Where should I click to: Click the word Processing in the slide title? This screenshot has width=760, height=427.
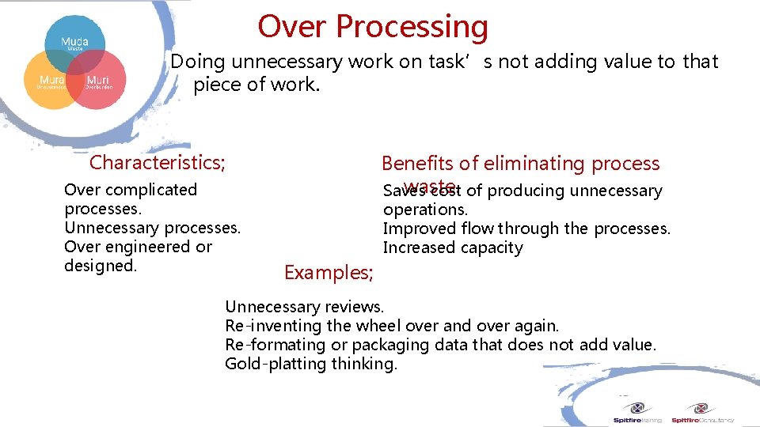pyautogui.click(x=412, y=27)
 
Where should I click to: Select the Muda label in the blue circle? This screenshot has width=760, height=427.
pyautogui.click(x=74, y=41)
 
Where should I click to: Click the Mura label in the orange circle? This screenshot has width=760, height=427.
pyautogui.click(x=52, y=81)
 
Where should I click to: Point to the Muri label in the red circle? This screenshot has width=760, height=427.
pyautogui.click(x=98, y=81)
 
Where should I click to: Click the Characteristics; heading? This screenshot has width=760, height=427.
pyautogui.click(x=158, y=163)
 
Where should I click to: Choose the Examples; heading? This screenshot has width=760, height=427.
pyautogui.click(x=329, y=273)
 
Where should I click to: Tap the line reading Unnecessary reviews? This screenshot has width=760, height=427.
pyautogui.click(x=305, y=307)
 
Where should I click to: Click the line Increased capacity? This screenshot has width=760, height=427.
pyautogui.click(x=453, y=248)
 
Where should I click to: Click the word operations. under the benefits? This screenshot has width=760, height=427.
pyautogui.click(x=425, y=210)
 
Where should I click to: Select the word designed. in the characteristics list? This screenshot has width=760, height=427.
pyautogui.click(x=101, y=266)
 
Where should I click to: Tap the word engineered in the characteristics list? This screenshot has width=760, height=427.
pyautogui.click(x=148, y=247)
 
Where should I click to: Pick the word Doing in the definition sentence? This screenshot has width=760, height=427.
pyautogui.click(x=198, y=62)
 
